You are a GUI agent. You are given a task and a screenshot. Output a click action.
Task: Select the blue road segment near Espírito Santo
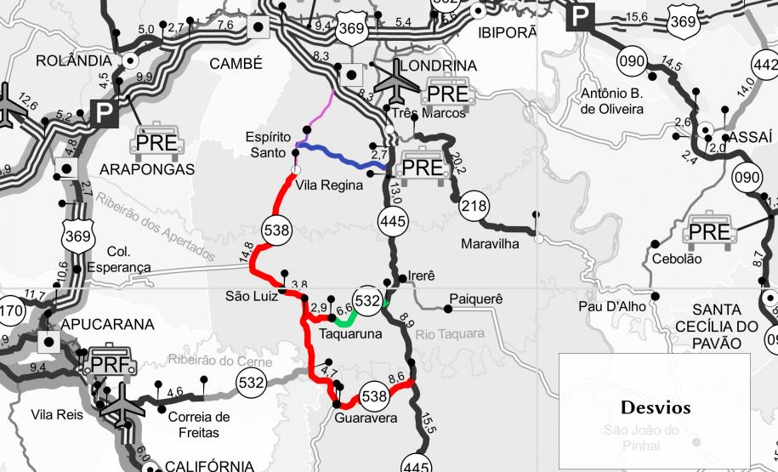(x=340, y=156)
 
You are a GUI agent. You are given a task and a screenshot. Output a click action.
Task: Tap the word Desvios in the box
(x=656, y=407)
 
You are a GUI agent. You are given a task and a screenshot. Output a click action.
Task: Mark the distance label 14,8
(x=247, y=252)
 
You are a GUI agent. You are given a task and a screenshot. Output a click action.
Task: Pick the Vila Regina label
(x=330, y=185)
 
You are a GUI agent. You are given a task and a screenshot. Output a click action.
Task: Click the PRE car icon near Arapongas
(x=157, y=144)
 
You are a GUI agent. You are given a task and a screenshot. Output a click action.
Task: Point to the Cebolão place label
(x=677, y=259)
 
